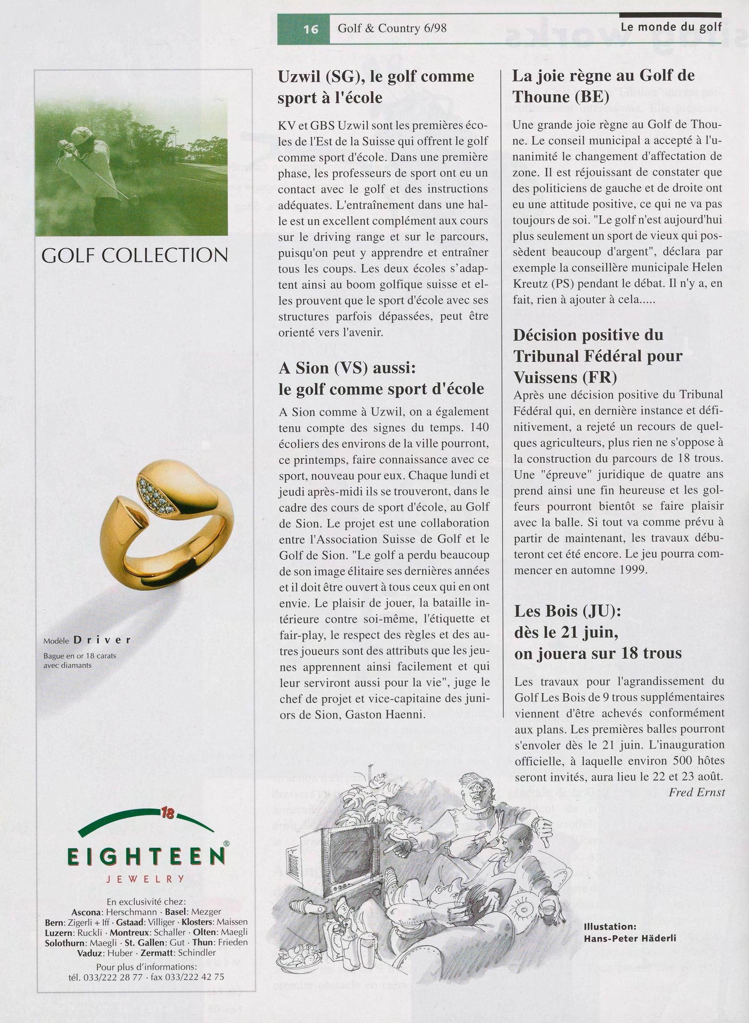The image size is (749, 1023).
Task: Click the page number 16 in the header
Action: (311, 29)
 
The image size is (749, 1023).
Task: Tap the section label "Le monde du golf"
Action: (671, 27)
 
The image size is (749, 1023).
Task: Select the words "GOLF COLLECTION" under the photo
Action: (134, 255)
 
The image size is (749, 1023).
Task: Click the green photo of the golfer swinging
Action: (131, 169)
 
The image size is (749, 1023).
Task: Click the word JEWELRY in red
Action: (146, 879)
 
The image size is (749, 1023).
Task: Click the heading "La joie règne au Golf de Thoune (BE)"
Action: (603, 86)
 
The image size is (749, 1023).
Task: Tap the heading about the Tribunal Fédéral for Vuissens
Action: (598, 356)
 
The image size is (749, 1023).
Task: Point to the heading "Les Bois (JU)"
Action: (567, 611)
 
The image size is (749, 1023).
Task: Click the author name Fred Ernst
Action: (696, 792)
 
